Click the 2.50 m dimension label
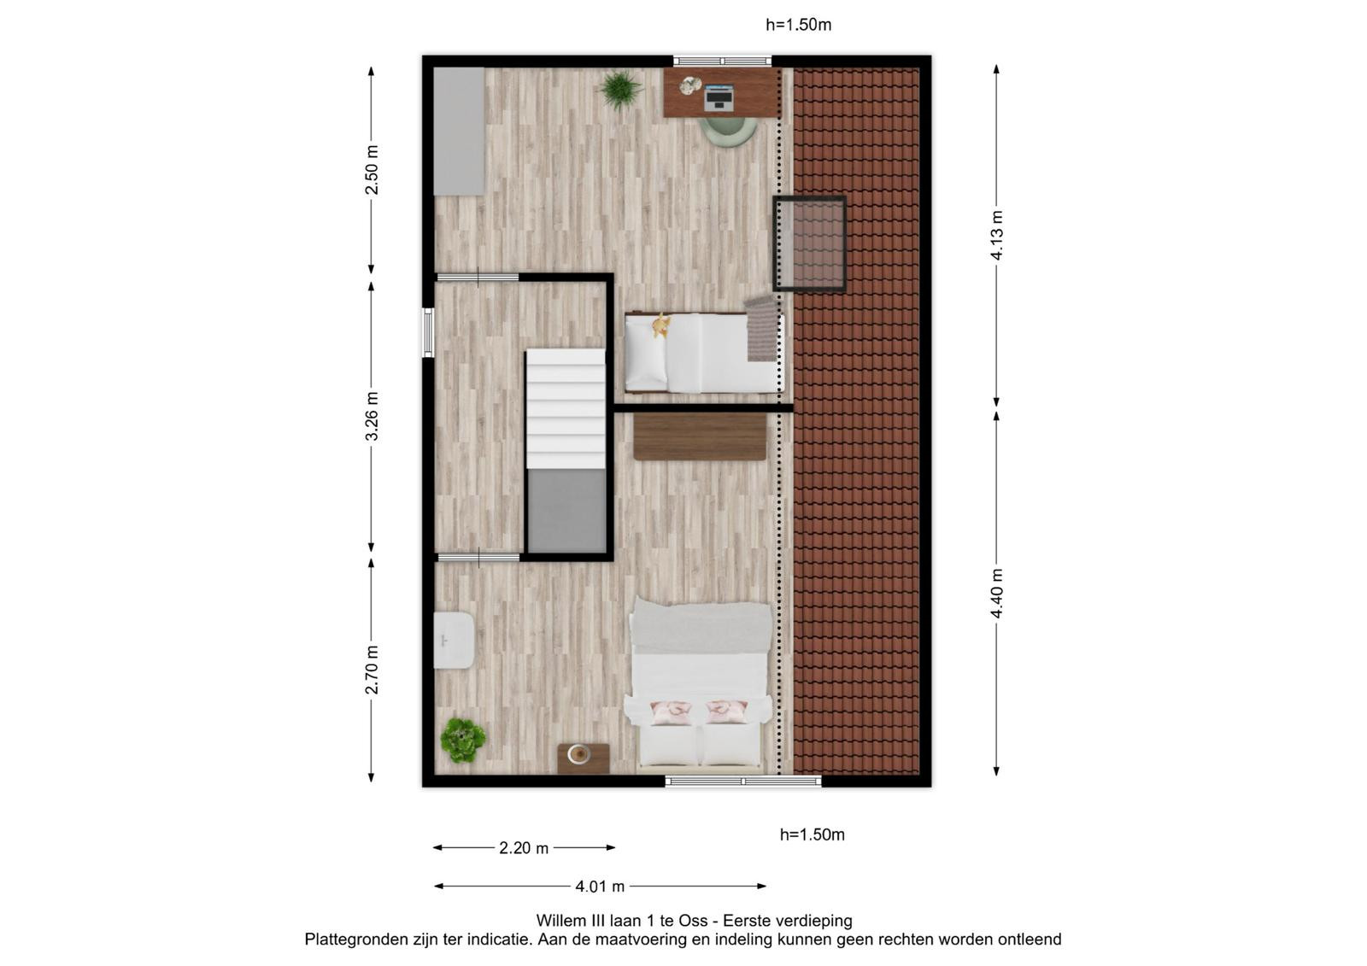pyautogui.click(x=371, y=170)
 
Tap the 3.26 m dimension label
pyautogui.click(x=371, y=416)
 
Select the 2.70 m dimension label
pyautogui.click(x=371, y=670)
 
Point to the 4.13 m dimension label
pyautogui.click(x=996, y=236)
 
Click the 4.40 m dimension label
pyautogui.click(x=996, y=593)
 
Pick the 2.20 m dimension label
pyautogui.click(x=524, y=847)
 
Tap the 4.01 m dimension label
pyautogui.click(x=600, y=886)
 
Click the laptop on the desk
pyautogui.click(x=719, y=98)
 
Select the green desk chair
pyautogui.click(x=728, y=132)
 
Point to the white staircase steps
pyautogui.click(x=566, y=408)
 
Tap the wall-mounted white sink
pyautogui.click(x=454, y=640)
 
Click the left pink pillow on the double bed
pyautogui.click(x=671, y=711)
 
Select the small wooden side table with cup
pyautogui.click(x=583, y=758)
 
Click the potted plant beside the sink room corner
pyautogui.click(x=463, y=741)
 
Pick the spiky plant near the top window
pyautogui.click(x=620, y=90)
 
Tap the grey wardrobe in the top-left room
pyautogui.click(x=459, y=132)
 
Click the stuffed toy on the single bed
pyautogui.click(x=660, y=325)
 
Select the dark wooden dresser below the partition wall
pyautogui.click(x=700, y=437)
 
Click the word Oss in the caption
pyautogui.click(x=695, y=920)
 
